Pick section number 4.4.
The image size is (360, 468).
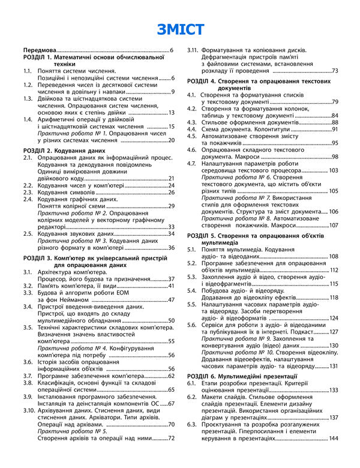191,129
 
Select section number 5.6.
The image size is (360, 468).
191,325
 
